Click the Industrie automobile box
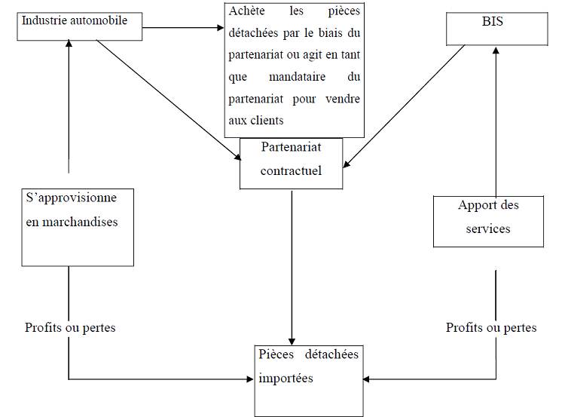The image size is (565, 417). [x=80, y=25]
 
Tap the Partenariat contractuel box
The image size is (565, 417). [x=291, y=163]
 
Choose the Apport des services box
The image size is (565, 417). [x=488, y=220]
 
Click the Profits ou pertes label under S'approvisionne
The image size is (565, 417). [x=70, y=327]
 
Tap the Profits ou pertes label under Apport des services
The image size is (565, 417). [x=491, y=327]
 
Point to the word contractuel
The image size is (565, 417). [x=291, y=170]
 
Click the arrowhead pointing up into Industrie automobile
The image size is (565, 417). [x=69, y=44]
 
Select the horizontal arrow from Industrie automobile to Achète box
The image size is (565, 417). [x=183, y=29]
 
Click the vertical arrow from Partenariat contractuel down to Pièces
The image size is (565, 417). [x=292, y=264]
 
